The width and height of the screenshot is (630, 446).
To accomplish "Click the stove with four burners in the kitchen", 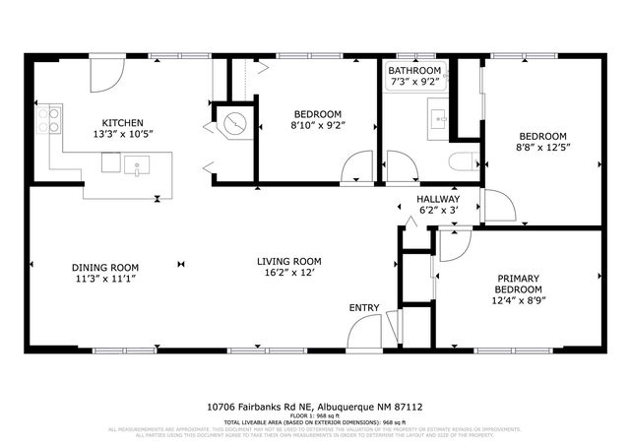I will point(48,120).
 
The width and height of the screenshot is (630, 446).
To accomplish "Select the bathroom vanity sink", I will point(439,120).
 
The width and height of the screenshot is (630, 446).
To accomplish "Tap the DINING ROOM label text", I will point(104,268).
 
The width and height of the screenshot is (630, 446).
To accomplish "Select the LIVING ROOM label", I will point(289,261).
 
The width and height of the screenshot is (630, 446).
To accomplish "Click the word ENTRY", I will point(364,308).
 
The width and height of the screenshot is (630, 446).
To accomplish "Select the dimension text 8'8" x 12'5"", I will point(542,148).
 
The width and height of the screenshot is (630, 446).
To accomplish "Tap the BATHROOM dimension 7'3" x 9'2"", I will point(413,83).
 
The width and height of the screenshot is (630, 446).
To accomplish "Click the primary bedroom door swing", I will point(453,246).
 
